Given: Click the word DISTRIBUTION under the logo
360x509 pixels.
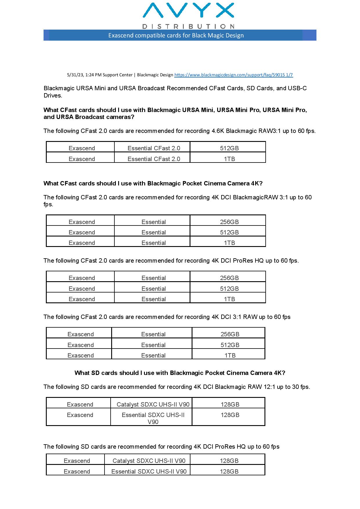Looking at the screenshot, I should click(x=188, y=26).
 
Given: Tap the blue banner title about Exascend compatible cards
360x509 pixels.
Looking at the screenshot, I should click(x=176, y=35).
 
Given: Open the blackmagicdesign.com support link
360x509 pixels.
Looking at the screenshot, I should click(x=233, y=75).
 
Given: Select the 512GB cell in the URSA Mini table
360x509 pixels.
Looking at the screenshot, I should click(x=229, y=148).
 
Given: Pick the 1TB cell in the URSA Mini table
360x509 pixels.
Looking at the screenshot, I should click(x=229, y=159).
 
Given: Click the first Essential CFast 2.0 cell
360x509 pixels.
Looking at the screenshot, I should click(x=154, y=148).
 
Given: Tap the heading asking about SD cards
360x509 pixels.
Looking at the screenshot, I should click(x=180, y=373).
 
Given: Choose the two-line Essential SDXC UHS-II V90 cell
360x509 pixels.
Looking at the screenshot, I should click(x=153, y=418).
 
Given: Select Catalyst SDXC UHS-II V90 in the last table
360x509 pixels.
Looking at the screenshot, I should click(x=149, y=461).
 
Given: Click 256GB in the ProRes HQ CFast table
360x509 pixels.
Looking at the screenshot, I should click(x=229, y=278).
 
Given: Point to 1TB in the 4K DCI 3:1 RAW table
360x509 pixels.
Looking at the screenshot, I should click(x=230, y=355).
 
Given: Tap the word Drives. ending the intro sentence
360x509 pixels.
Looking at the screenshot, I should click(x=53, y=95).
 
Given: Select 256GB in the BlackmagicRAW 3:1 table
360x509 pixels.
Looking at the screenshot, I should click(x=229, y=222).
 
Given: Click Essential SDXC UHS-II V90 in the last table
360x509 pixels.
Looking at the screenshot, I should click(x=149, y=472).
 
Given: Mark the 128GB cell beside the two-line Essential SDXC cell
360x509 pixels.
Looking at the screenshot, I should click(x=230, y=415).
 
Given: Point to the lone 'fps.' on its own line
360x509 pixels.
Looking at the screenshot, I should click(x=48, y=204).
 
